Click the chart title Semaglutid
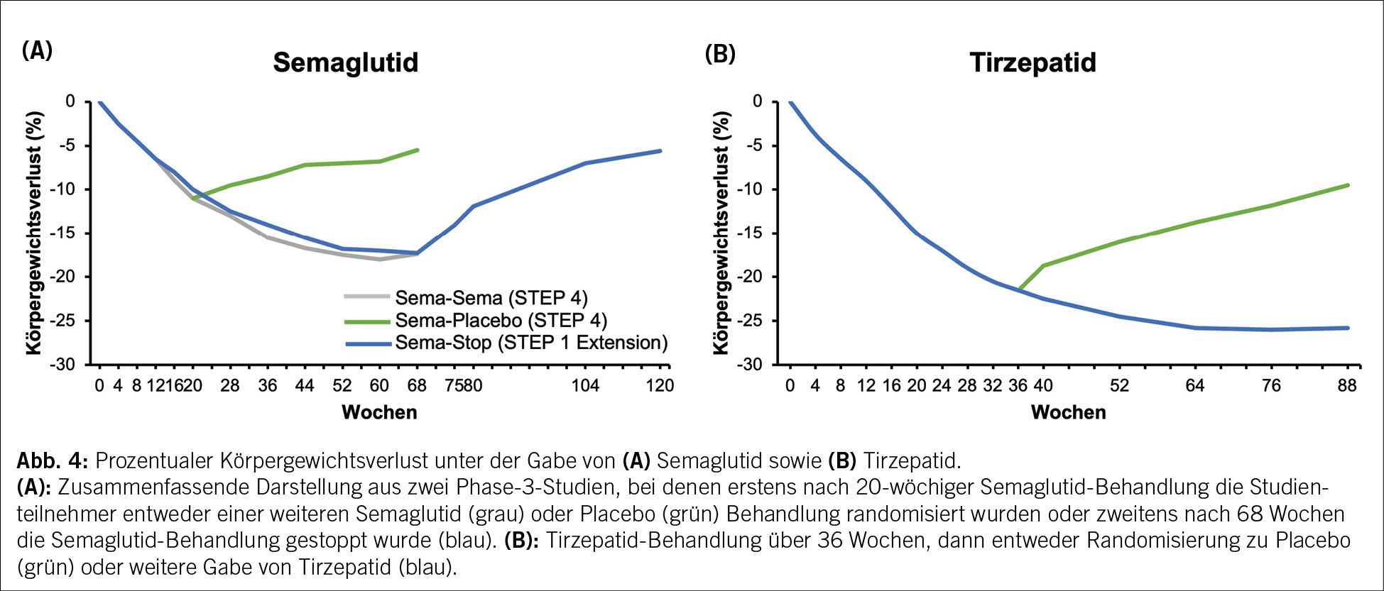point(345,62)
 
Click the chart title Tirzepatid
point(1032,62)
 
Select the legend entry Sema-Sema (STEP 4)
point(491,297)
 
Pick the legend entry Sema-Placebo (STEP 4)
point(501,320)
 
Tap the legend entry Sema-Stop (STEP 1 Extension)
point(531,343)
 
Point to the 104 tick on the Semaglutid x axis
point(585,385)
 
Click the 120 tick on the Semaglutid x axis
point(660,385)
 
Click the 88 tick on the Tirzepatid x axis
point(1346,385)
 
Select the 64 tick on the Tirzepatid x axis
point(1195,385)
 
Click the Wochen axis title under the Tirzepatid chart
point(1068,412)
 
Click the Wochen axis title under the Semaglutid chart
point(379,412)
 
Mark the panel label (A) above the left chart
point(37,51)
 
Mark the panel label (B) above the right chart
point(719,54)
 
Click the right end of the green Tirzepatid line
point(1347,185)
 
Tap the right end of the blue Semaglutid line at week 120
point(660,150)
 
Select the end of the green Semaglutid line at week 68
point(418,150)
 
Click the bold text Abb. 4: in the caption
point(52,461)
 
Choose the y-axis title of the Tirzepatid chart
point(721,233)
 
